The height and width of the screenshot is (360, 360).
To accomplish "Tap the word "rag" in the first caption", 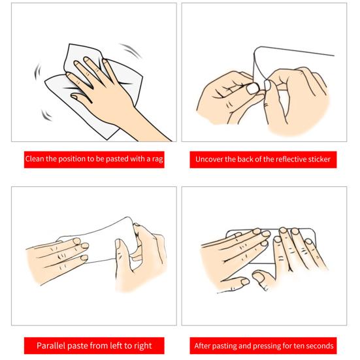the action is click(157, 159).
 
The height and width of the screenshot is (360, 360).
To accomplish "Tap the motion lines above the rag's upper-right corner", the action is click(131, 50).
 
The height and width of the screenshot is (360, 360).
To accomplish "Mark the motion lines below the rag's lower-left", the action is click(46, 115).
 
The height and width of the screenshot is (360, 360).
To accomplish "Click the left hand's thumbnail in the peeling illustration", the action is click(252, 89).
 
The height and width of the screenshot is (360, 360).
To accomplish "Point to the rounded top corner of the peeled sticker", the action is click(257, 49).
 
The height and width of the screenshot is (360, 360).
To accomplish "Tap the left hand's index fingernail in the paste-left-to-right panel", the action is click(77, 241).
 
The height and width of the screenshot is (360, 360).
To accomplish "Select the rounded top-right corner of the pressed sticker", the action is click(312, 231).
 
